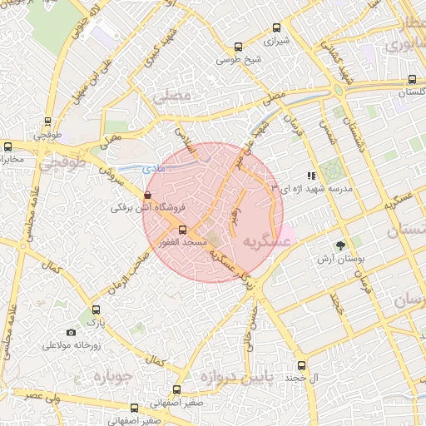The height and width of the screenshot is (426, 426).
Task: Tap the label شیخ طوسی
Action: (x=239, y=60)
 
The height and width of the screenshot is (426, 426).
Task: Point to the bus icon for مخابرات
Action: (x=7, y=146)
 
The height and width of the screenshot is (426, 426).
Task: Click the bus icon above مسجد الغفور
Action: (x=183, y=229)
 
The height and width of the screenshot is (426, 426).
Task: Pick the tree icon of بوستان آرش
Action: (x=339, y=245)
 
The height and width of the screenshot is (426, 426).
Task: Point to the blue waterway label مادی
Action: (x=155, y=169)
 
